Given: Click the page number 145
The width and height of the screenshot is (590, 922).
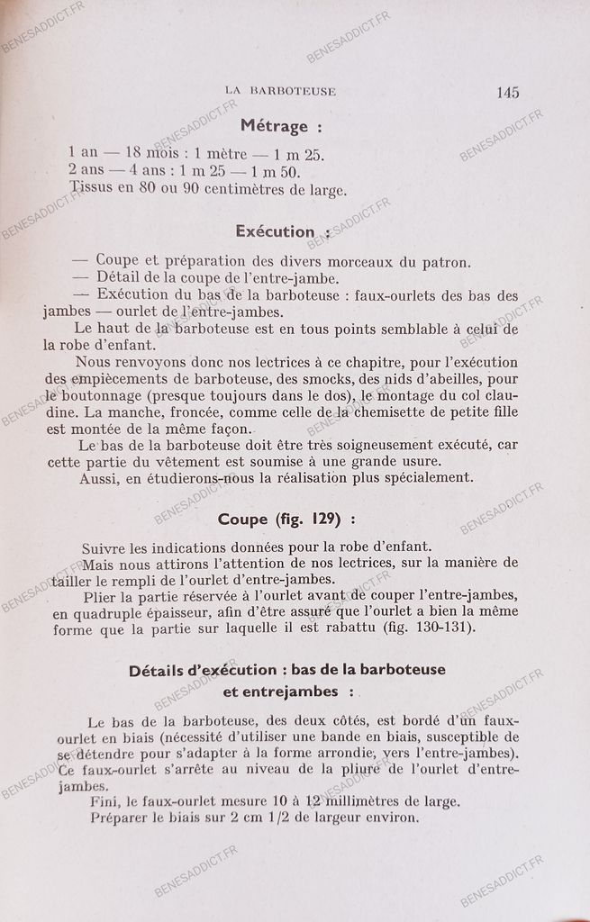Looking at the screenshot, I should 507,91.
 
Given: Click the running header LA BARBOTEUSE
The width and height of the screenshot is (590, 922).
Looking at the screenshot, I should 280,91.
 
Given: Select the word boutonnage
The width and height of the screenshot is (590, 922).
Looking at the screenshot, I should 102,396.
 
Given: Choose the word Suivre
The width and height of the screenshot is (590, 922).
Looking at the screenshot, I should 104,547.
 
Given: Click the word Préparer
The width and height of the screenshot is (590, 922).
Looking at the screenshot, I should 123,818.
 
